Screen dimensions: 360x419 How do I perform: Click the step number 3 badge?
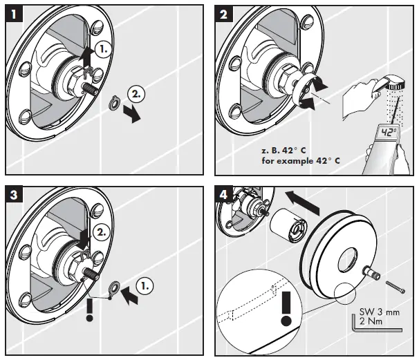click(13, 195)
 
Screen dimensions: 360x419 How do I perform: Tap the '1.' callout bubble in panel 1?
click(101, 50)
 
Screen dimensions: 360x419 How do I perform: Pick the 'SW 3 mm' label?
click(380, 312)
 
